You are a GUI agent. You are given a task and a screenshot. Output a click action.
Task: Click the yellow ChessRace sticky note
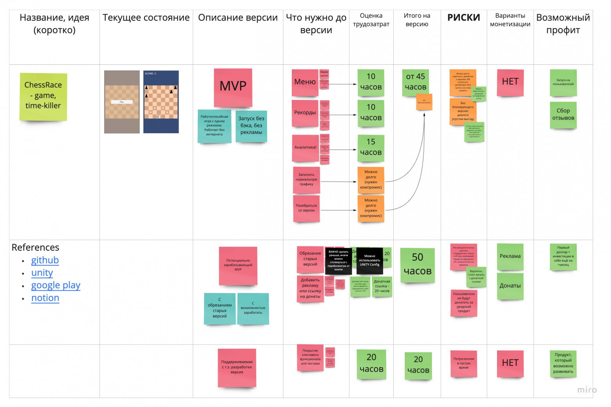43,96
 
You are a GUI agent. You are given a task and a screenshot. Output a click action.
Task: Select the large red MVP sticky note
233,87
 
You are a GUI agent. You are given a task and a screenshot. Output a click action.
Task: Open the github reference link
45,260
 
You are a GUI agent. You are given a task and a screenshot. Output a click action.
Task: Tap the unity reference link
42,273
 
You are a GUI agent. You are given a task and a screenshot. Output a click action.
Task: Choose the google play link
56,285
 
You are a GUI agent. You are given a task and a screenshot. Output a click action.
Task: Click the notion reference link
45,298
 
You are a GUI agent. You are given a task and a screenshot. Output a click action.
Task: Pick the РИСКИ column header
464,18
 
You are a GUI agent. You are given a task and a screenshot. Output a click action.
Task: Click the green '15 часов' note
371,148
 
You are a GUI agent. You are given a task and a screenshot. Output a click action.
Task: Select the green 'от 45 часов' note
415,82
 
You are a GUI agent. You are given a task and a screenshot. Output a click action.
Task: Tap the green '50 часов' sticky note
418,265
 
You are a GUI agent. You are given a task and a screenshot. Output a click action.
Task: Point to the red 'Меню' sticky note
305,82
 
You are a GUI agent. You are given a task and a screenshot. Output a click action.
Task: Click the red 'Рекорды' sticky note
305,113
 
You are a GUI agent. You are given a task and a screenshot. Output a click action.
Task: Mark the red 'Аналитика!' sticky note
305,148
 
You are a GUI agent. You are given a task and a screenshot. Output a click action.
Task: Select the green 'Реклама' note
510,257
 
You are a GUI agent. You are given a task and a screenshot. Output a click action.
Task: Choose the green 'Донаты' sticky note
510,286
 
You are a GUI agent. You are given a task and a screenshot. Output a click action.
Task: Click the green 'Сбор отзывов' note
563,115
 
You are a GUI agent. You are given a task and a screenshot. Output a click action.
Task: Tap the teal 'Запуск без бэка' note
251,126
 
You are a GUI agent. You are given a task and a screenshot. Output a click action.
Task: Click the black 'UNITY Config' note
370,260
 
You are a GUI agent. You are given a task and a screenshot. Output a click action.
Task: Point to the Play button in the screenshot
122,102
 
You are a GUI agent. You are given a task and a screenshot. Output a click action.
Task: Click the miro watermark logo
587,390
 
